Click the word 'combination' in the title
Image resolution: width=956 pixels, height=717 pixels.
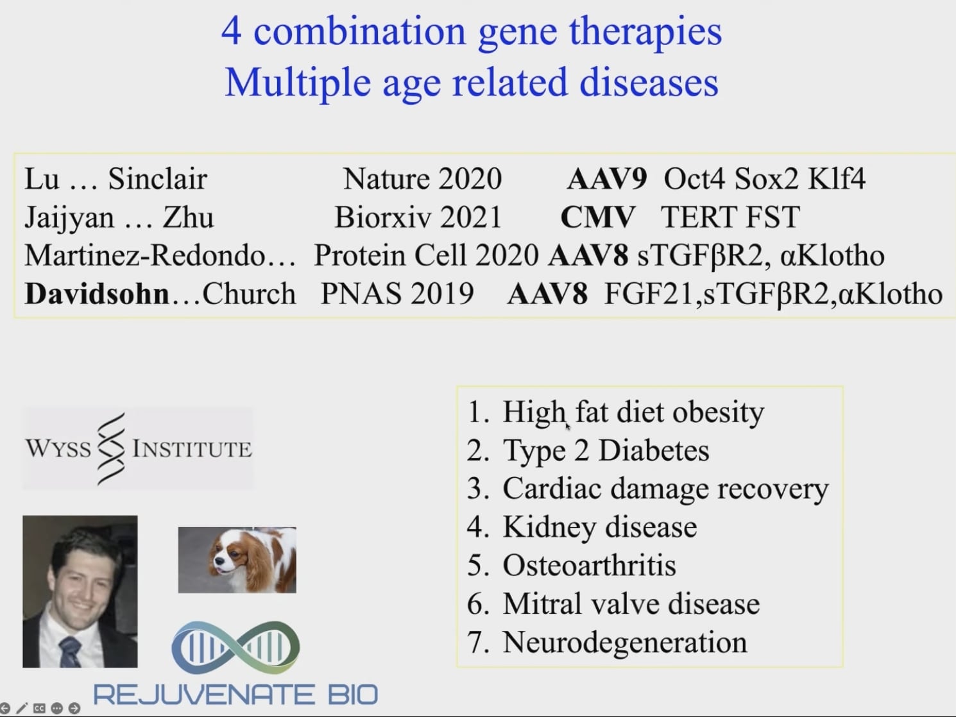pyautogui.click(x=360, y=31)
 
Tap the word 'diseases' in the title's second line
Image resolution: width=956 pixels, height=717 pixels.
pyautogui.click(x=649, y=83)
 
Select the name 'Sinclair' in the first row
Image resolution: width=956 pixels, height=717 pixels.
pyautogui.click(x=157, y=179)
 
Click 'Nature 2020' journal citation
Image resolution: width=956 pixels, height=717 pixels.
pyautogui.click(x=422, y=179)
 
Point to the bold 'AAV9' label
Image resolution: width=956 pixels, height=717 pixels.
pyautogui.click(x=607, y=179)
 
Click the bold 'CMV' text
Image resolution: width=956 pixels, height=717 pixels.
pyautogui.click(x=597, y=217)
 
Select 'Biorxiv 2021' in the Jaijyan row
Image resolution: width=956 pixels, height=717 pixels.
pyautogui.click(x=418, y=217)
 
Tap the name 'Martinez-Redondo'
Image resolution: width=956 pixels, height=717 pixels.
pyautogui.click(x=145, y=256)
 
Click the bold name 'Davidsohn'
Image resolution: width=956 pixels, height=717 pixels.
pyautogui.click(x=97, y=294)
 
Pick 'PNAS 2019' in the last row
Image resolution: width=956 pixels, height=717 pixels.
pyautogui.click(x=397, y=294)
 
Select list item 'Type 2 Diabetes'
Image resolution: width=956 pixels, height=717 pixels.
pyautogui.click(x=606, y=450)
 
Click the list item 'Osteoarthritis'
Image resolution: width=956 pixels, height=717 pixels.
pyautogui.click(x=589, y=566)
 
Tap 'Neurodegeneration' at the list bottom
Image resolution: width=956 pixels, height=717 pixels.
pyautogui.click(x=625, y=643)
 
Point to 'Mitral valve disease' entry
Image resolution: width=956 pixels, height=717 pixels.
pyautogui.click(x=631, y=604)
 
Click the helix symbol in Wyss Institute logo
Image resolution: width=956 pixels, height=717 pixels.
pyautogui.click(x=112, y=448)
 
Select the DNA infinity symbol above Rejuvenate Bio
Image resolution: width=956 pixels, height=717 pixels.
pyautogui.click(x=235, y=648)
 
